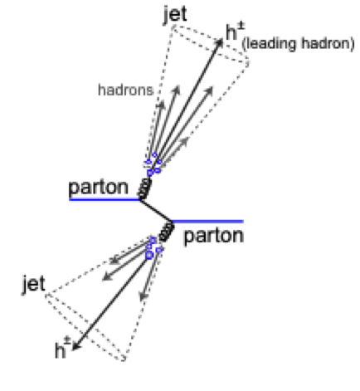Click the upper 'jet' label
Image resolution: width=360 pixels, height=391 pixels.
pos(175,14)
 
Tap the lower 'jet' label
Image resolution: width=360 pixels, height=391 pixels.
pos(34,284)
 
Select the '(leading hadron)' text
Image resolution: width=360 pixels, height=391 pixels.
pos(298,44)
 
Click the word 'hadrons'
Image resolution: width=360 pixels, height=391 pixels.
pos(126,90)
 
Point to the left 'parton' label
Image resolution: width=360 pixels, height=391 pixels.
pos(99,188)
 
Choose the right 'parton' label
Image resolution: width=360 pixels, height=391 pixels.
pos(214,237)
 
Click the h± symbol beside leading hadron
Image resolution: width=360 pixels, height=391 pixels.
pos(235,32)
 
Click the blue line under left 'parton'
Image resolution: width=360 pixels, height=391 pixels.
pos(105,199)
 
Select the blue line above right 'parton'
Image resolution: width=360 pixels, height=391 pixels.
pos(207,221)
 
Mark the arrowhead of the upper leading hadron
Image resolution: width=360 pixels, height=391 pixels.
pos(220,42)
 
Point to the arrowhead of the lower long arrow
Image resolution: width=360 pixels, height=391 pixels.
pos(76,346)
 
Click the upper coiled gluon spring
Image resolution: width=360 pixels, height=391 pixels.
pos(145,188)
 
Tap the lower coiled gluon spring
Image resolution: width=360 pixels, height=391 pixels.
pos(167,232)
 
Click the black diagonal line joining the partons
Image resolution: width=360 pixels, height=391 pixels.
pos(156,210)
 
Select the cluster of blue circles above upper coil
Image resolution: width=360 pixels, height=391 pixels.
pos(153,165)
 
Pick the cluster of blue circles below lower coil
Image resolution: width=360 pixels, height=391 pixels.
pos(153,248)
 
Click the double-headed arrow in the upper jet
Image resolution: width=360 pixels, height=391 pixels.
pos(174,152)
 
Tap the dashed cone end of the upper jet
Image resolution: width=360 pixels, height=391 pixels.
pos(210,44)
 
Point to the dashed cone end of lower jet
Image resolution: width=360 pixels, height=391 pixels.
pos(85,326)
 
